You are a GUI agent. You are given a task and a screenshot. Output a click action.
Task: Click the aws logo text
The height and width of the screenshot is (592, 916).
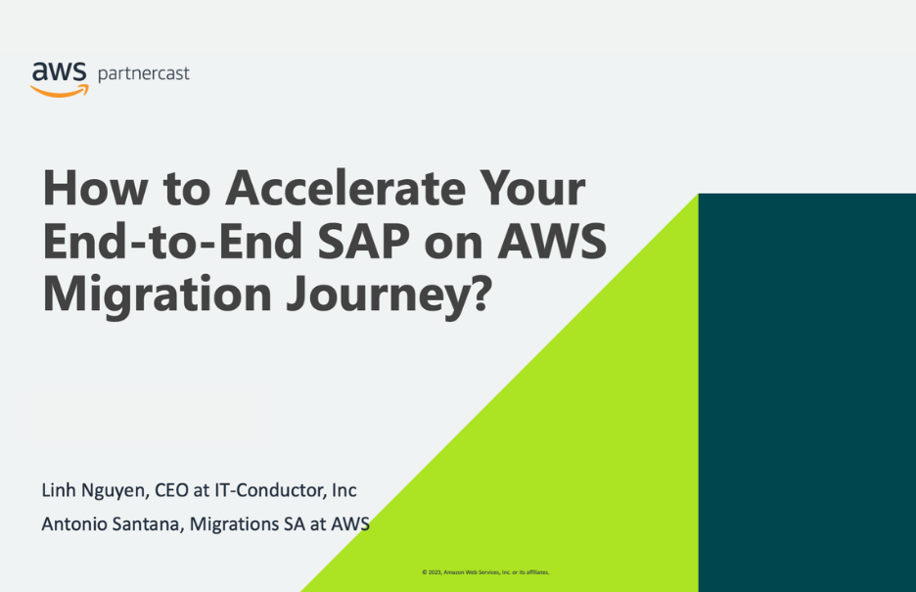[59, 71]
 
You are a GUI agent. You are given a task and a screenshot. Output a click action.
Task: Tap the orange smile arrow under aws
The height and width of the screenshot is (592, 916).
[60, 91]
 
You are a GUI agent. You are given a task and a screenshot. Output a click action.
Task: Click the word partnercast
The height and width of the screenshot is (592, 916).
[144, 74]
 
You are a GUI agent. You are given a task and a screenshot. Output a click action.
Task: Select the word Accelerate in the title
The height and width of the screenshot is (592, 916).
[345, 188]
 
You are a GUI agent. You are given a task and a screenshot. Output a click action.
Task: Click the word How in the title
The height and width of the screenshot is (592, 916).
[95, 188]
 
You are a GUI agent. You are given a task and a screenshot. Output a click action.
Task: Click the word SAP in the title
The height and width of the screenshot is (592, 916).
[363, 241]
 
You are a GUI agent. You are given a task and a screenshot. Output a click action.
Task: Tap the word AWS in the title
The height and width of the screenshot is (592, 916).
[553, 241]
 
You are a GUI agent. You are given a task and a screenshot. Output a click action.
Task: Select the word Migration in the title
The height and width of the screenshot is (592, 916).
[158, 295]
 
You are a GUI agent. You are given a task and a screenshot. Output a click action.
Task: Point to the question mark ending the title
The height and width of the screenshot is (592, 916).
[481, 292]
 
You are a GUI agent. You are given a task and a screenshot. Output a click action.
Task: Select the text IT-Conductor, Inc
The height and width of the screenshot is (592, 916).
[286, 490]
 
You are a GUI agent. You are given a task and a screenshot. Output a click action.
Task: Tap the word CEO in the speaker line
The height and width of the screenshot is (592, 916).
[171, 490]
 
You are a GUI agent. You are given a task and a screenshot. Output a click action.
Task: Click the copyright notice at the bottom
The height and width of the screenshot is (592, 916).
[485, 572]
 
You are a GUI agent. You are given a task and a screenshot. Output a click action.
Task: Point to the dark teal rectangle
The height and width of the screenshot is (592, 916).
[806, 392]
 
